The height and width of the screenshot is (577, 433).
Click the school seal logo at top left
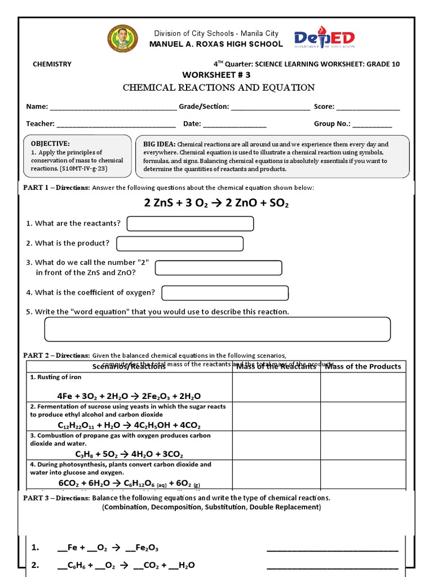122,39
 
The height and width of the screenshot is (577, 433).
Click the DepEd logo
325,39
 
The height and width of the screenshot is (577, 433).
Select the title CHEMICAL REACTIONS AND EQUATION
219,87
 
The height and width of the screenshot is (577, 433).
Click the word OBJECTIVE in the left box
50,144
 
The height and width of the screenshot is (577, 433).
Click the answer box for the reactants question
190,224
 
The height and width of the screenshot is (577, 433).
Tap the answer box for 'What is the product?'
180,243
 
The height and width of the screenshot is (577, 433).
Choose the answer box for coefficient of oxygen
225,293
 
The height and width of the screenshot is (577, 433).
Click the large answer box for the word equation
217,329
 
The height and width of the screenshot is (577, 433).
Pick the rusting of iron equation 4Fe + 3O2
129,396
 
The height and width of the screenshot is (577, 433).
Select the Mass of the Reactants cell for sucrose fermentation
276,416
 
